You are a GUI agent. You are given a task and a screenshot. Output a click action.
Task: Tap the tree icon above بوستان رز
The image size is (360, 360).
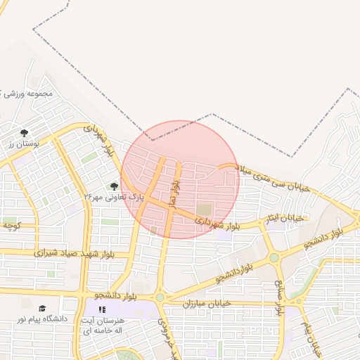tap(25, 132)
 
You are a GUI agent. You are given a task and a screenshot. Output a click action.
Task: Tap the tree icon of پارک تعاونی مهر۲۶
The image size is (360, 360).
tap(114, 186)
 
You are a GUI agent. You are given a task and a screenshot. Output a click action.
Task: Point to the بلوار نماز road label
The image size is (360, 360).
tap(174, 192)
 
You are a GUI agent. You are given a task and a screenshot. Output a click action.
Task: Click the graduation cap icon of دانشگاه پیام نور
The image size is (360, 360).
tap(41, 308)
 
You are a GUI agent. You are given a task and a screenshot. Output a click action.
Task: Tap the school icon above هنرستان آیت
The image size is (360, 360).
tap(102, 309)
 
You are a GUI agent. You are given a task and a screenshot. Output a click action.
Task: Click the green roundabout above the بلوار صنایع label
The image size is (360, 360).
tap(274, 258)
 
